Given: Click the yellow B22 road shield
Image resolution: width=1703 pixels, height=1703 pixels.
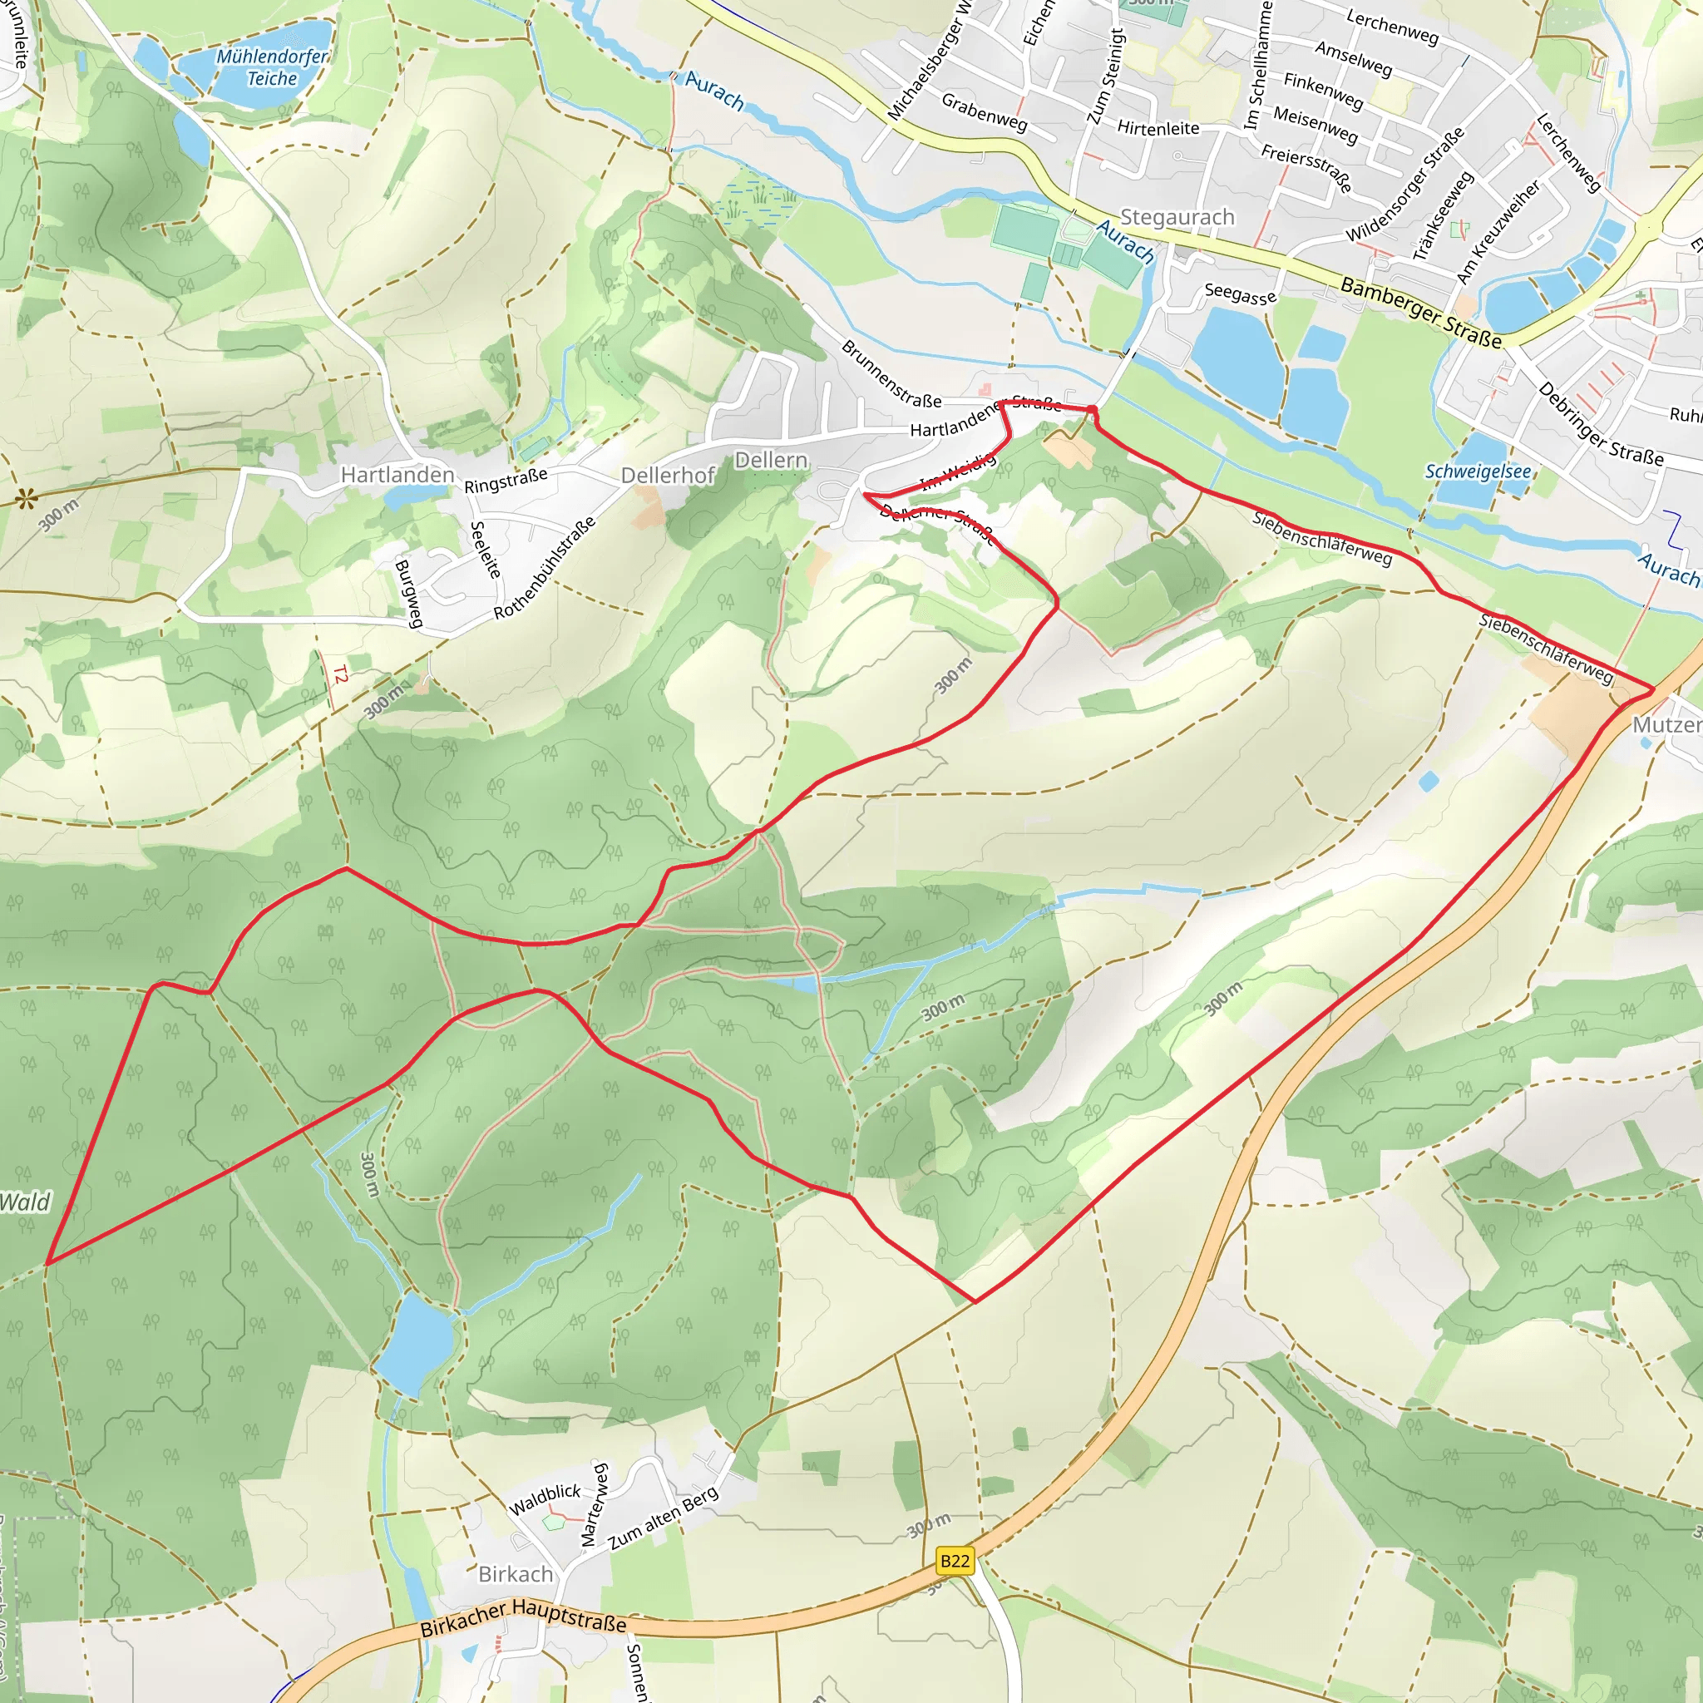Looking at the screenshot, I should click(x=955, y=1561).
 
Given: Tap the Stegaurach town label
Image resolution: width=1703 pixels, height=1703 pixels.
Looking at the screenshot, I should click(x=1177, y=217).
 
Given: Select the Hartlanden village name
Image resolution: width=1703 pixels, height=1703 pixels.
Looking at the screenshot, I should click(x=397, y=475).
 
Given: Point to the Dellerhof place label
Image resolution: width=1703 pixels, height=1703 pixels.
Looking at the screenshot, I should click(x=667, y=476).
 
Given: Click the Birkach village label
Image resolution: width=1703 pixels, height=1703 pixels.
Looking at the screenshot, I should click(x=516, y=1574).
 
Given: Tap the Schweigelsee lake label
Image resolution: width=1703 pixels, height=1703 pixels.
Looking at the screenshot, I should click(x=1478, y=471).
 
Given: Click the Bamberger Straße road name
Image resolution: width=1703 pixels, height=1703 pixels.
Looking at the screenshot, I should click(x=1420, y=313).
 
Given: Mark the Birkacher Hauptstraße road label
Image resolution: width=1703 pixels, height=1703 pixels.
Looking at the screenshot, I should click(x=523, y=1617).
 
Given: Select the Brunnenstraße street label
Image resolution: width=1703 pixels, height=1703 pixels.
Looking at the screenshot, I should click(x=891, y=373).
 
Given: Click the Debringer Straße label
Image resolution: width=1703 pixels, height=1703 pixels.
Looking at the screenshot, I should click(x=1600, y=424).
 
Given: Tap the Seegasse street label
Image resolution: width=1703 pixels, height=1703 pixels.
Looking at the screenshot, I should click(x=1239, y=294).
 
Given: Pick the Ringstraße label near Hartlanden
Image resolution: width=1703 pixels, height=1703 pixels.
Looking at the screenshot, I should click(x=506, y=481).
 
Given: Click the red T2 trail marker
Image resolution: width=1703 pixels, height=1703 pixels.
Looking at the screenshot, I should click(x=340, y=675).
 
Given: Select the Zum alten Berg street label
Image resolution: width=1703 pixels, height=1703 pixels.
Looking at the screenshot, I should click(x=663, y=1517).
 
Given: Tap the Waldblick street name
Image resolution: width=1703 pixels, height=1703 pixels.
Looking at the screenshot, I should click(x=545, y=1498).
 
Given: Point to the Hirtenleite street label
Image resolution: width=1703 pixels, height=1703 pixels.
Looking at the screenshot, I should click(x=1158, y=129).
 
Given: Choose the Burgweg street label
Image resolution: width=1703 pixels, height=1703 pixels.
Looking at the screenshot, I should click(x=408, y=593).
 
